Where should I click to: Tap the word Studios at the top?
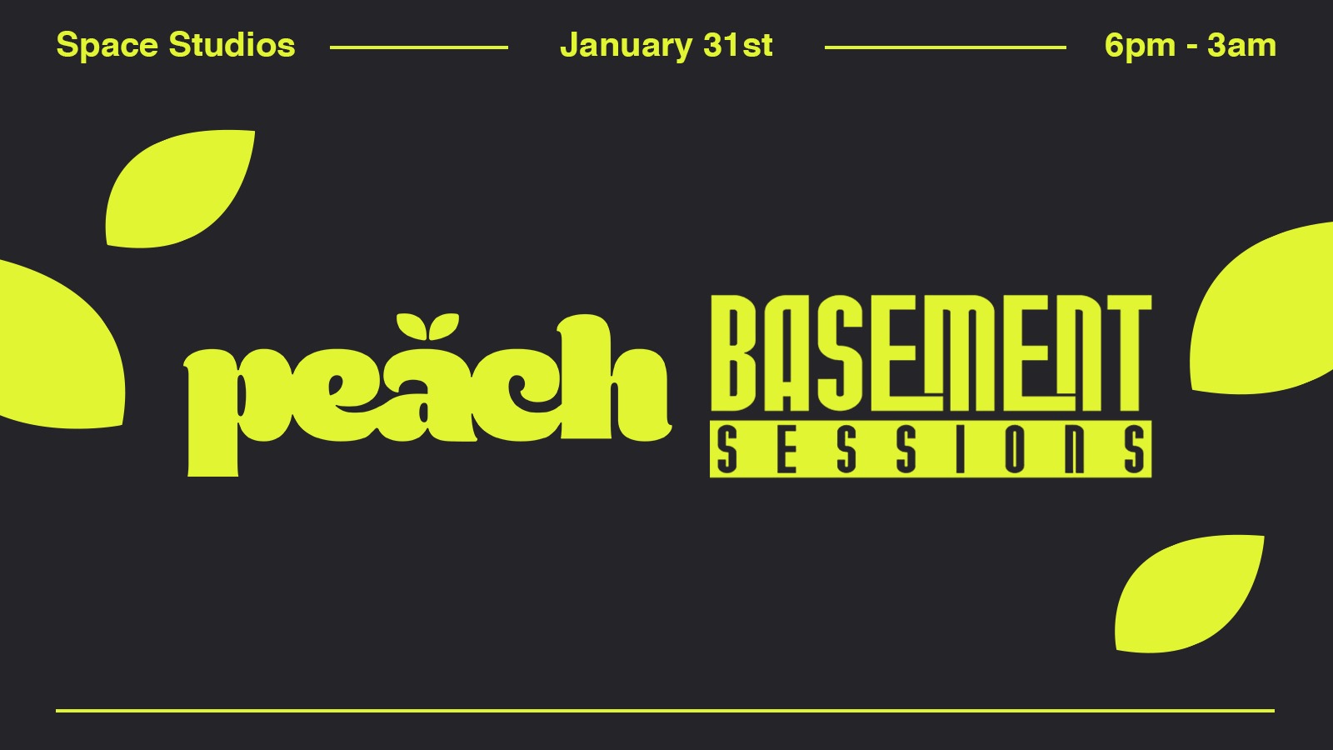[232, 45]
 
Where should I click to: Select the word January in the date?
[626, 46]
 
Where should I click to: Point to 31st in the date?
[738, 45]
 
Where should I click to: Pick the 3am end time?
[1242, 45]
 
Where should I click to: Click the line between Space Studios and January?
[419, 47]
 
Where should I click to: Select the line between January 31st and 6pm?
[945, 47]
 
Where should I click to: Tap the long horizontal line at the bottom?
[666, 710]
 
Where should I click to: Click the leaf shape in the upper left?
[178, 189]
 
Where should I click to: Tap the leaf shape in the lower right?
[1188, 594]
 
